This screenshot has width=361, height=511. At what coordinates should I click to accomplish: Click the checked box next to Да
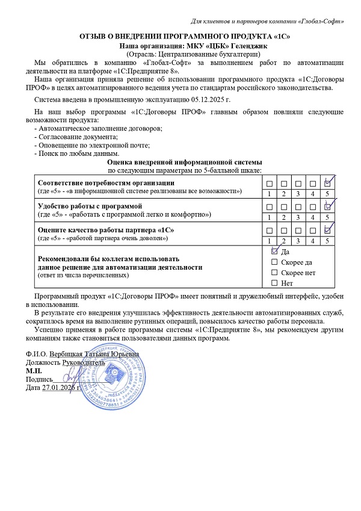(x=275, y=252)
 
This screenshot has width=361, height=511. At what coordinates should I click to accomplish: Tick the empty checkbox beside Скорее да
(x=275, y=262)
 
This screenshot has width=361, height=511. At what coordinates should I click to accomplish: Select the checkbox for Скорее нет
(x=275, y=273)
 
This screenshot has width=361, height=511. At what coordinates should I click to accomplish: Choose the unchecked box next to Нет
(x=275, y=283)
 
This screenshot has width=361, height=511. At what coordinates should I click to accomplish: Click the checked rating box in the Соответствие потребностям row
(x=327, y=183)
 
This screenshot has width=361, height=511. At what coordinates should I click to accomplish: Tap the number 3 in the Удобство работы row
(x=298, y=217)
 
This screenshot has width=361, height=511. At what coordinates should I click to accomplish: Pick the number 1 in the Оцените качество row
(x=269, y=240)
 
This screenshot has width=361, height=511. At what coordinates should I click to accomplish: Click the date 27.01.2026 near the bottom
(x=60, y=387)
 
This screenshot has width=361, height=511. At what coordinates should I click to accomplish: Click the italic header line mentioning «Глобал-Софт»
(x=267, y=21)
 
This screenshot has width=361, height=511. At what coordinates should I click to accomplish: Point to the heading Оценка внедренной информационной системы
(x=184, y=163)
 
